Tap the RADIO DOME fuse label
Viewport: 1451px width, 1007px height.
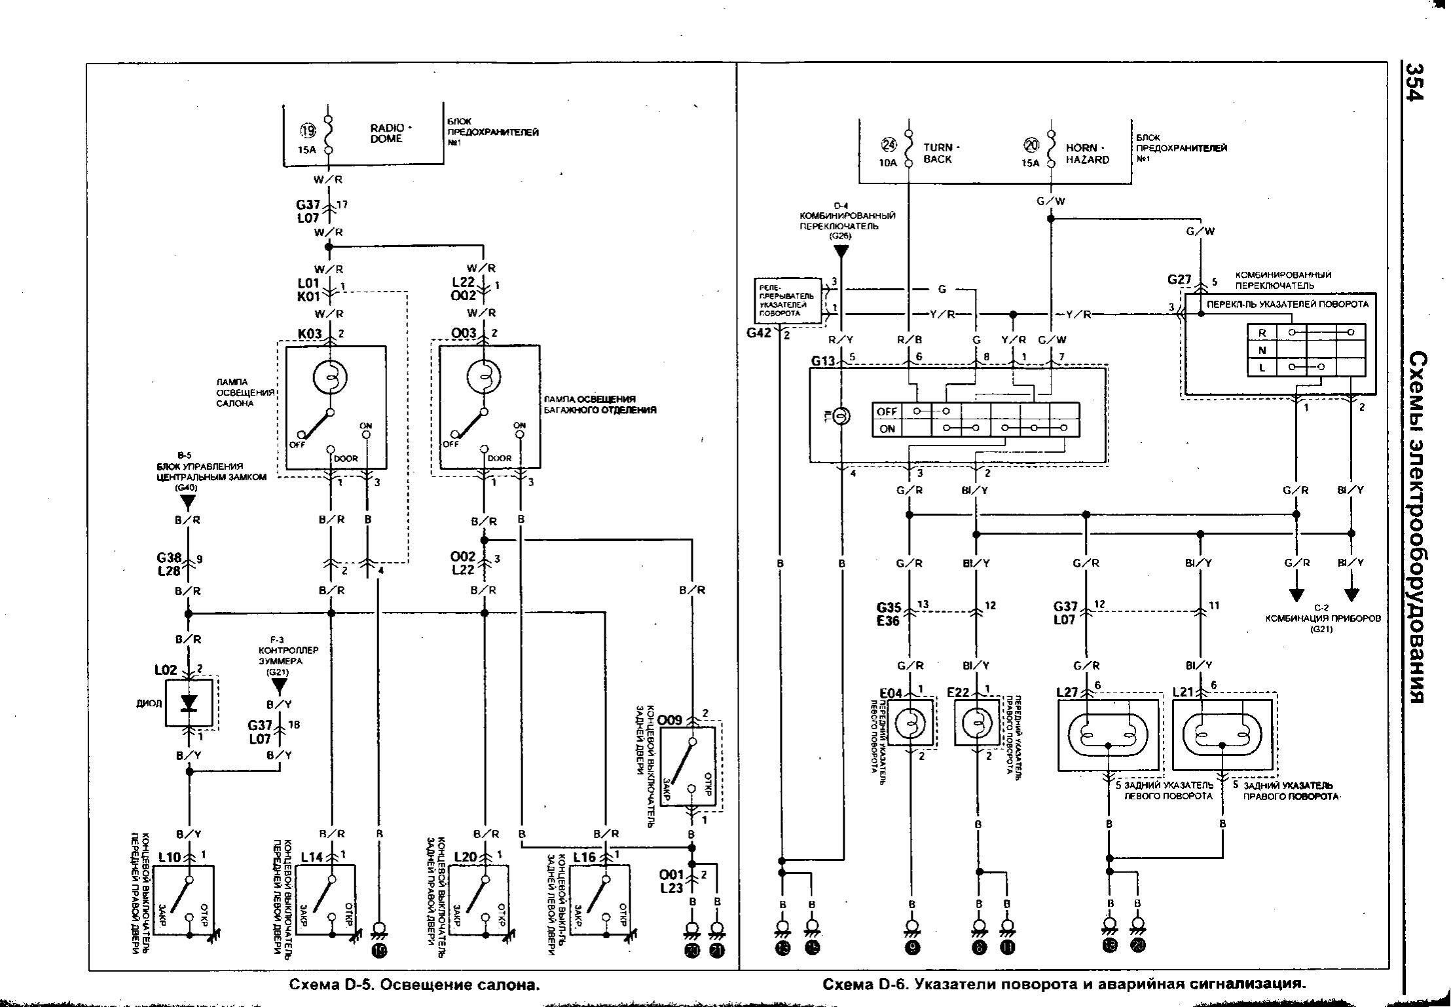[x=386, y=133]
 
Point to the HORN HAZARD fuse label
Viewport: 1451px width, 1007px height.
[x=1087, y=153]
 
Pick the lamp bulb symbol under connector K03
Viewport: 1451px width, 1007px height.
[x=330, y=377]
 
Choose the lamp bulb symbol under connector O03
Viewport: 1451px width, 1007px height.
[x=483, y=377]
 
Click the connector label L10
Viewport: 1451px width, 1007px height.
[x=171, y=856]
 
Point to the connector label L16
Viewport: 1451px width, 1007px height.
[x=585, y=856]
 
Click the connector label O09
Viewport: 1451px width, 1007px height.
[x=670, y=720]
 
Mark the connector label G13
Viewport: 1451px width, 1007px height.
[x=823, y=360]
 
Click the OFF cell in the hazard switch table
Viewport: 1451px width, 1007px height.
[x=887, y=411]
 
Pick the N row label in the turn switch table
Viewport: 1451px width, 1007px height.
[x=1262, y=350]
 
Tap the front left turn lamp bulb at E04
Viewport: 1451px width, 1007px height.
[x=910, y=723]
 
